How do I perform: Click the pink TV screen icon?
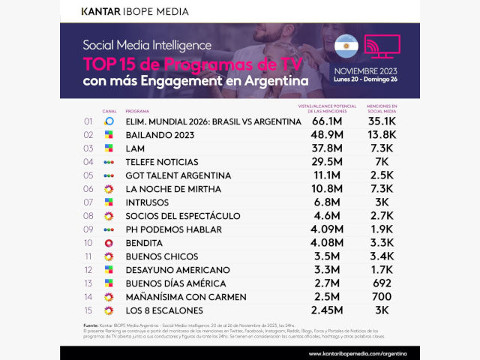[382, 46]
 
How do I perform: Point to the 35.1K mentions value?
[388, 121]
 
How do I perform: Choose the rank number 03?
[88, 148]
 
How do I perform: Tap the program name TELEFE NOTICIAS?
[162, 161]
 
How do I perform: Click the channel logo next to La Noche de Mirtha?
[109, 188]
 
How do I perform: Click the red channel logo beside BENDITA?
[109, 242]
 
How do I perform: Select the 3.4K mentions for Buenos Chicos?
[388, 256]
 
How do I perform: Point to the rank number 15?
[88, 310]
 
